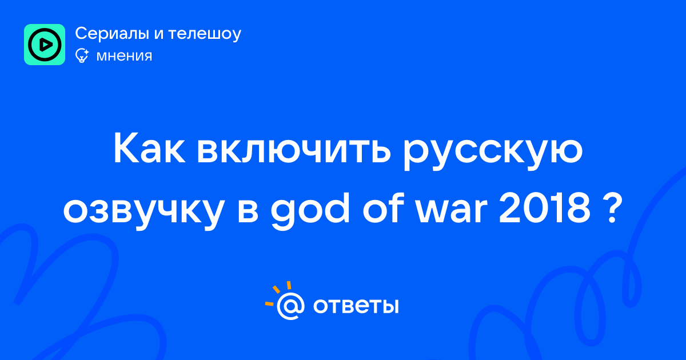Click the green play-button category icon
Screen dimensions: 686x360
pos(45,45)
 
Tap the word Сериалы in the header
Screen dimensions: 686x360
pos(112,34)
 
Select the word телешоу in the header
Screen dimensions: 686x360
pos(205,34)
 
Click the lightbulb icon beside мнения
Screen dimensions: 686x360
pos(82,55)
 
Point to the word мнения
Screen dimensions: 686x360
pos(124,57)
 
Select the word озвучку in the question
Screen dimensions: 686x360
pos(143,211)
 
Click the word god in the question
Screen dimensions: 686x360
pos(310,211)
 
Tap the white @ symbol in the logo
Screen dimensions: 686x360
pos(290,306)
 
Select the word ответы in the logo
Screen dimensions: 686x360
pos(356,306)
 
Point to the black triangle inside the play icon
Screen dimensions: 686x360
pos(45,45)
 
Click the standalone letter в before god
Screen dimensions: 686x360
pos(248,211)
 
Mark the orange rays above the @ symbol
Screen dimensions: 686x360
pos(278,293)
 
